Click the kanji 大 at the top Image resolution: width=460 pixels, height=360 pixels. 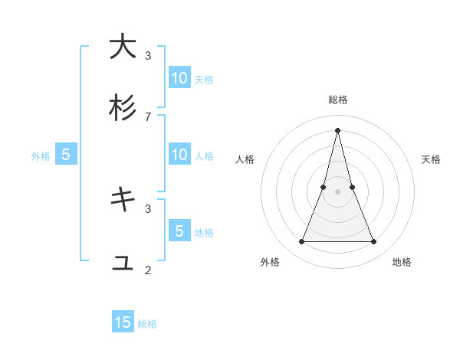(x=123, y=47)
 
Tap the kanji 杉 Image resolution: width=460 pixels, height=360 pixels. (x=123, y=108)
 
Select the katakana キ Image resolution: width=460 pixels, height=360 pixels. (x=123, y=200)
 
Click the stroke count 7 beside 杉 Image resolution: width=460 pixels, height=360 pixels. (x=148, y=116)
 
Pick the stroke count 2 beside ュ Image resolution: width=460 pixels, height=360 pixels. (x=148, y=270)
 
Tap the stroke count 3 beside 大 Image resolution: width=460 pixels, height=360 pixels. (x=148, y=55)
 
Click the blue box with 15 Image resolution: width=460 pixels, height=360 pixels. (x=123, y=322)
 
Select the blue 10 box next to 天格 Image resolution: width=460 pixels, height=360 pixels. (x=179, y=77)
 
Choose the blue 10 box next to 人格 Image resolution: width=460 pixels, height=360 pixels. (x=179, y=155)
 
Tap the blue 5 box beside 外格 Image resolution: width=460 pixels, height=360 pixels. (x=66, y=155)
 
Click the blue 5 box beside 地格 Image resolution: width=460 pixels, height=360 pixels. (x=179, y=231)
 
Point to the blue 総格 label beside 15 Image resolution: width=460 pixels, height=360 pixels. (x=147, y=324)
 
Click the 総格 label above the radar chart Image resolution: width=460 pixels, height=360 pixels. (x=337, y=100)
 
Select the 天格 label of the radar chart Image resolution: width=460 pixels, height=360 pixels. (x=432, y=159)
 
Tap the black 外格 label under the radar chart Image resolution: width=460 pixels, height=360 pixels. (x=270, y=262)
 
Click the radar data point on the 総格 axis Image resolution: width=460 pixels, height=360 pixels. (x=337, y=129)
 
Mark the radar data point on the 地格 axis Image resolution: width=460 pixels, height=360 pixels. (x=374, y=242)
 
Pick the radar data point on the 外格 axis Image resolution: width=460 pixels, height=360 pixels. (x=301, y=242)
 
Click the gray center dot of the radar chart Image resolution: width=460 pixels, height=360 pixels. (x=337, y=191)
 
